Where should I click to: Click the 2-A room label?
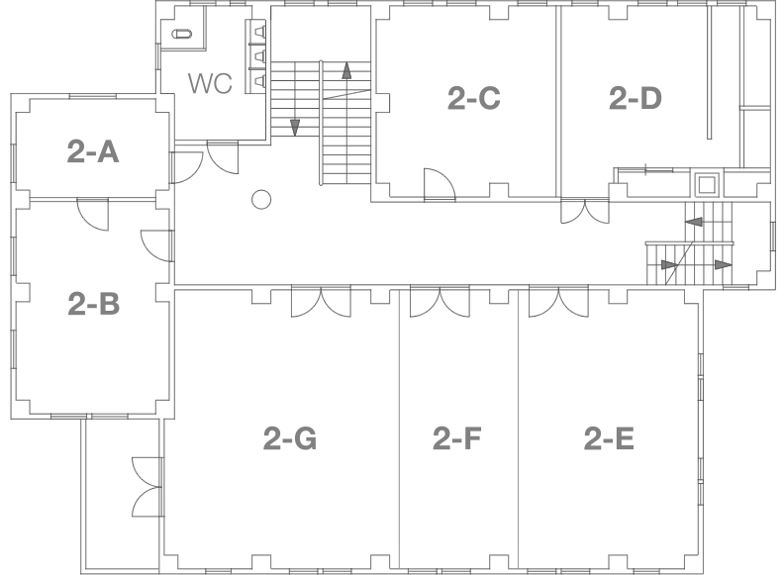coord(93,151)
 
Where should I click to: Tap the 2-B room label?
coord(94,304)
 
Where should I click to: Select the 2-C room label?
coord(473,99)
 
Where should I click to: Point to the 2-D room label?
coord(635,99)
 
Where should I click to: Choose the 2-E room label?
coord(608,438)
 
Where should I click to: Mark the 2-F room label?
coord(457,438)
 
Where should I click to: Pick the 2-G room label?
coord(290,438)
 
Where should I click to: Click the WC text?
coord(210,84)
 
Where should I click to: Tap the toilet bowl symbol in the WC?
coord(183,34)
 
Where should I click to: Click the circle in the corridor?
coord(260,200)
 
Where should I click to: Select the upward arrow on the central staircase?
coord(346,72)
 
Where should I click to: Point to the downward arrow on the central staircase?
coord(295,125)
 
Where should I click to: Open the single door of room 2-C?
coord(439,184)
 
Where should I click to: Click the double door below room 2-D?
coord(585,212)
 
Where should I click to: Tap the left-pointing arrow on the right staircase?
coord(695,223)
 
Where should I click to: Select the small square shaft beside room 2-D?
coord(706,184)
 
